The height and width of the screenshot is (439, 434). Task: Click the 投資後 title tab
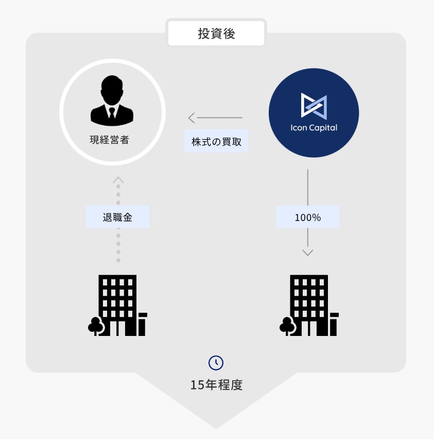tap(216, 34)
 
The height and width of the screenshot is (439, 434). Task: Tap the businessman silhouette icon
tap(112, 101)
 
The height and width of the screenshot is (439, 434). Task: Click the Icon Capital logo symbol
tap(314, 105)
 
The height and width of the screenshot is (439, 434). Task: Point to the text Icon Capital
tap(314, 128)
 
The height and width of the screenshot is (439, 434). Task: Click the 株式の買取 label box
tap(216, 142)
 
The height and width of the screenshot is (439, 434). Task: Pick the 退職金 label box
tap(117, 217)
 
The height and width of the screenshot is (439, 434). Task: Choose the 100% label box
tap(308, 217)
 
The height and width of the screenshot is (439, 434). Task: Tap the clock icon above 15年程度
tap(216, 363)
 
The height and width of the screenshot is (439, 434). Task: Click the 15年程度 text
tap(216, 385)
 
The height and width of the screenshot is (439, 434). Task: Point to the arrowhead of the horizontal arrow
tap(191, 118)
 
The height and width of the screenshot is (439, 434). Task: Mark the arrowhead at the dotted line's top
tap(118, 180)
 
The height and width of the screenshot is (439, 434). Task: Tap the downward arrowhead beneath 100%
tap(308, 252)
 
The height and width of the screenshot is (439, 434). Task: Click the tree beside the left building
tap(95, 326)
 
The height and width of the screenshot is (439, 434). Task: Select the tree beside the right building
tap(287, 326)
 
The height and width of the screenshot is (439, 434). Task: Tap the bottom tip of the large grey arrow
tap(216, 427)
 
